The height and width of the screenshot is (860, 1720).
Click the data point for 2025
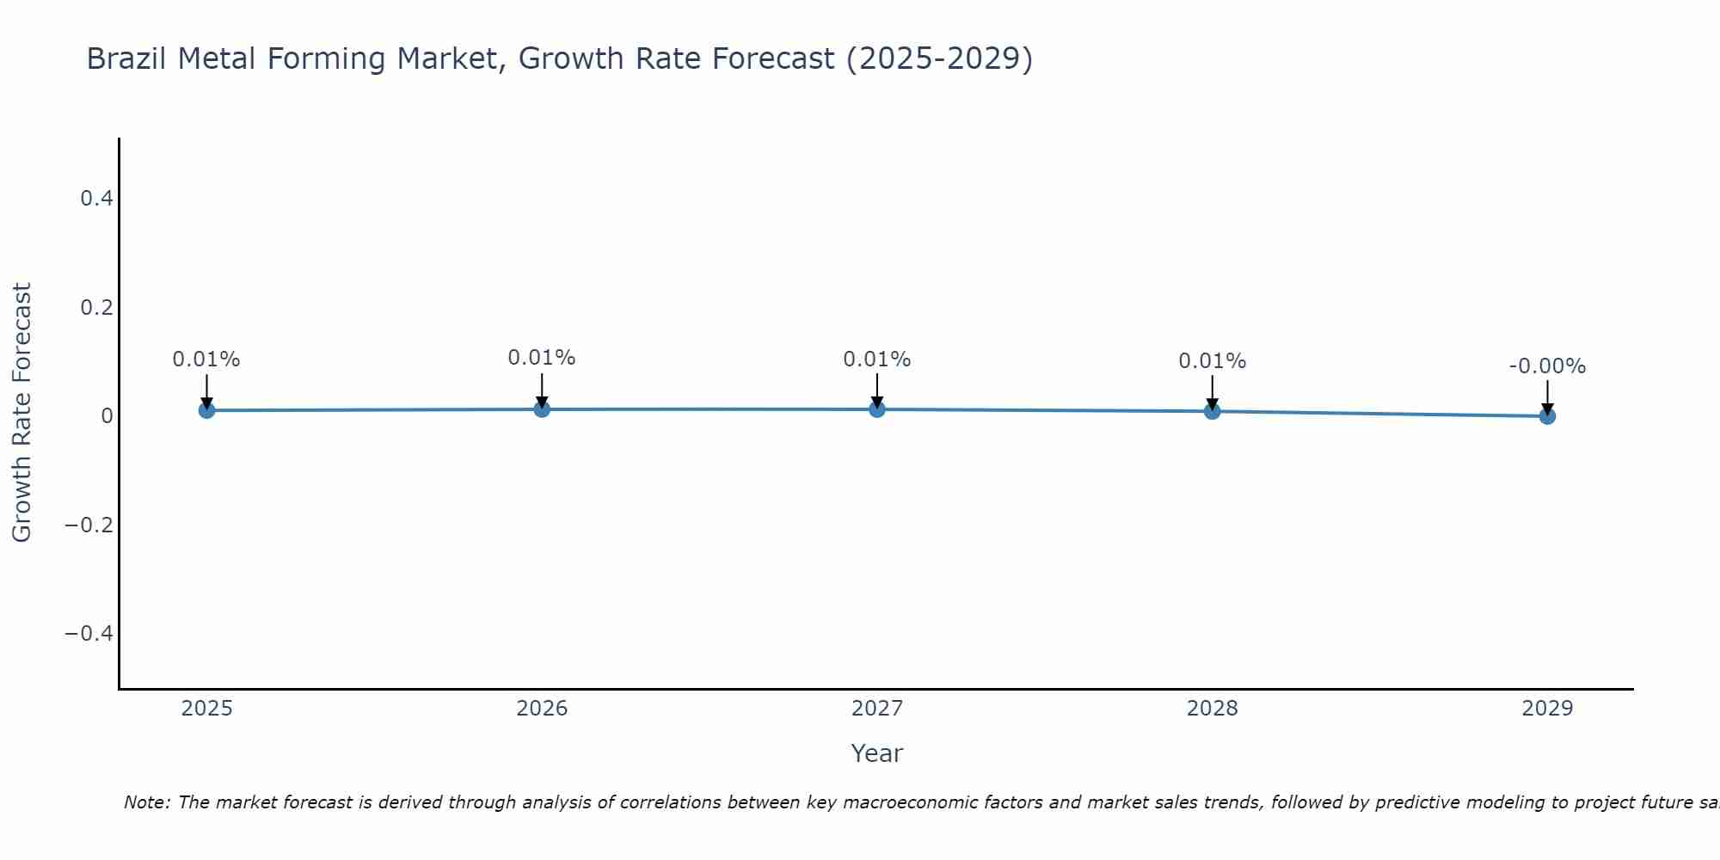point(206,410)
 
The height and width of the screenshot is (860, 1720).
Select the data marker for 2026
point(542,408)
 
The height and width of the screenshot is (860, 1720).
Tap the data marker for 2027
point(877,408)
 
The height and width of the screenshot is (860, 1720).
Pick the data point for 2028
point(1212,411)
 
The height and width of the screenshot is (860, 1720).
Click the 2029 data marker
point(1547,416)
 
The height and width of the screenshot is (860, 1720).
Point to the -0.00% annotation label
point(1547,366)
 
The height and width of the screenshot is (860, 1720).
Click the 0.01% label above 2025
point(206,359)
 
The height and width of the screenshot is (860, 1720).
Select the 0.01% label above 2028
point(1212,361)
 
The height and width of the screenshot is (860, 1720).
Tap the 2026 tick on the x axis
point(542,709)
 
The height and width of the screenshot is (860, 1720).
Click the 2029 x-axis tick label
point(1547,709)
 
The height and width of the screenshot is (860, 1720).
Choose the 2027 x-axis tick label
point(877,709)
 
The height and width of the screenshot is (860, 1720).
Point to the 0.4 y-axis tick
point(96,199)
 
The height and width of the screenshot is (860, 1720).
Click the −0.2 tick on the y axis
point(89,525)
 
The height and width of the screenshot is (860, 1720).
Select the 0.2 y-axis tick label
point(96,307)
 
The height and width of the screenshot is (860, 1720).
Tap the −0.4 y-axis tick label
point(89,634)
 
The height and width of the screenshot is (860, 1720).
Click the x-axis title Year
point(876,753)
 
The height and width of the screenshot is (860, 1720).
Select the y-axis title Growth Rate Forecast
point(21,413)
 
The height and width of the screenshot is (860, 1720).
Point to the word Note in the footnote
point(145,802)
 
